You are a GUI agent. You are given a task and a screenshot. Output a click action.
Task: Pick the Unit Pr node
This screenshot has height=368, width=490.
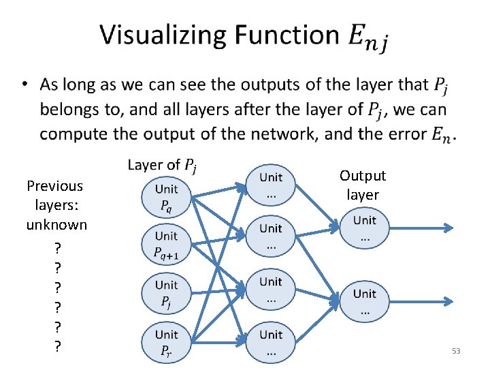pyautogui.click(x=166, y=342)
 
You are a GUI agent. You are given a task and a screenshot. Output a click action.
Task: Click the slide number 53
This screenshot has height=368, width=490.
pyautogui.click(x=456, y=351)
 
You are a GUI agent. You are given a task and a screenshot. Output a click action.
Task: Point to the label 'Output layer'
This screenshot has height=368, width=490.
pyautogui.click(x=363, y=185)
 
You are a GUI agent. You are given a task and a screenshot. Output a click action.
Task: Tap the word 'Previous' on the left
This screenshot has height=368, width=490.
pyautogui.click(x=55, y=186)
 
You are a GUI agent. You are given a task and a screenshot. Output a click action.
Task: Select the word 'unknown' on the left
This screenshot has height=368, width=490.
pyautogui.click(x=56, y=225)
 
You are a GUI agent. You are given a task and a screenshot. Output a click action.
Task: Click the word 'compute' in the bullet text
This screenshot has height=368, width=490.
pyautogui.click(x=73, y=134)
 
